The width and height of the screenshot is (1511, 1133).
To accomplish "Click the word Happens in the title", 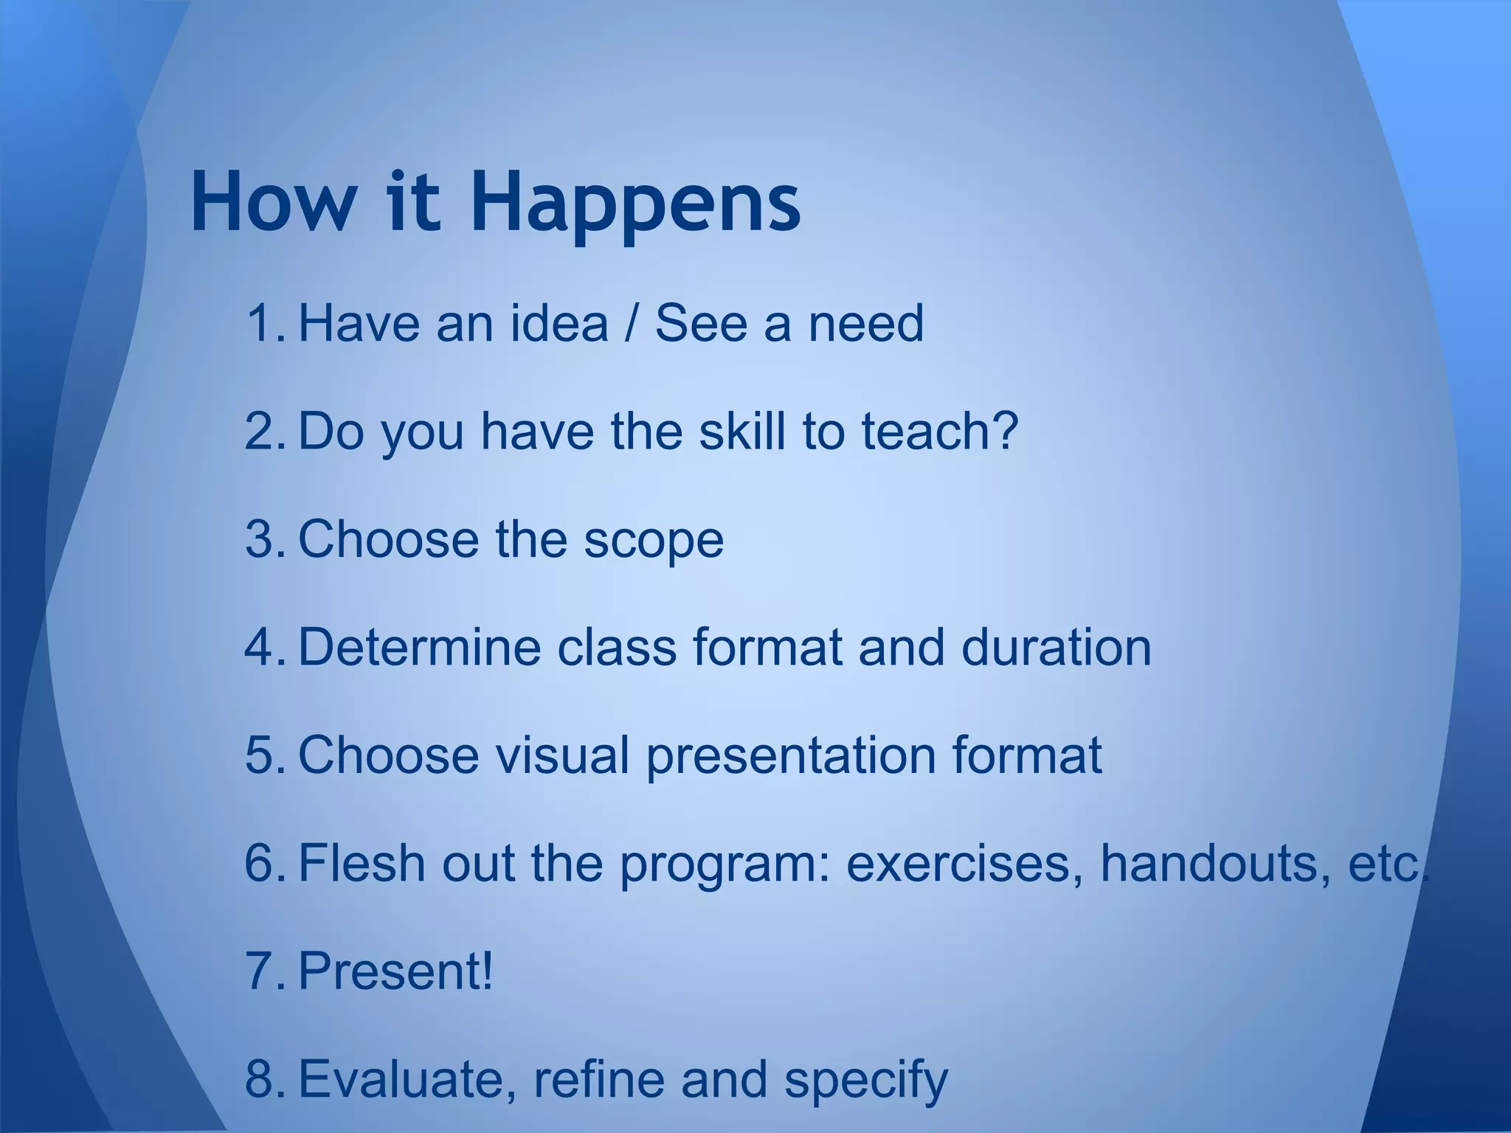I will (x=635, y=203).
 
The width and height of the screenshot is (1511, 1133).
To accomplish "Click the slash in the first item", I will (x=631, y=323).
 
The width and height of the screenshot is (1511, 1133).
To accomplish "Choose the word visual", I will (x=561, y=755).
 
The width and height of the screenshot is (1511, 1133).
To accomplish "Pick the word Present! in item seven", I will (x=395, y=971).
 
